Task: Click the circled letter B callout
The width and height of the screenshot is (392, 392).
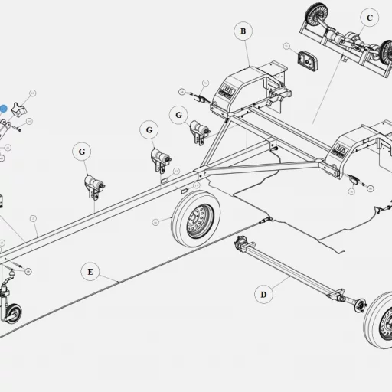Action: pyautogui.click(x=243, y=31)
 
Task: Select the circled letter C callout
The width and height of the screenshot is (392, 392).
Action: pyautogui.click(x=369, y=17)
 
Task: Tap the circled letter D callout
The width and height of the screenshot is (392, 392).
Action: pyautogui.click(x=263, y=293)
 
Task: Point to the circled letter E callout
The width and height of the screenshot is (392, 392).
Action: pyautogui.click(x=90, y=271)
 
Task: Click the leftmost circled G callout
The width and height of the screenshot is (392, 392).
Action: pyautogui.click(x=82, y=152)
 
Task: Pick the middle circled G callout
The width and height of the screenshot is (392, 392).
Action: pyautogui.click(x=148, y=130)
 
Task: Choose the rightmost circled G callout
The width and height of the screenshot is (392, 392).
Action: pyautogui.click(x=178, y=116)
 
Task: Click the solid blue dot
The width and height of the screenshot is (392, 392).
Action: pyautogui.click(x=3, y=109)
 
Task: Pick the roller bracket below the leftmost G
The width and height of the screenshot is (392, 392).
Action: pyautogui.click(x=93, y=185)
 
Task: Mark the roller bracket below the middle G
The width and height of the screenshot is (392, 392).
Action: pyautogui.click(x=160, y=161)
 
